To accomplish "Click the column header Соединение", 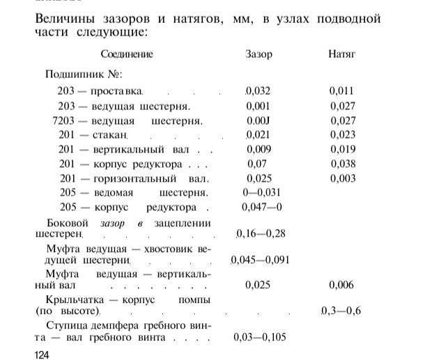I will click(x=127, y=54).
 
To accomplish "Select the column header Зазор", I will click(x=259, y=54).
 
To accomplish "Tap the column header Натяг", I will click(x=342, y=54).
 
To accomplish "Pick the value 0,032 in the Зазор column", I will click(x=258, y=91).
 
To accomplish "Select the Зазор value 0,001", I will click(x=258, y=106).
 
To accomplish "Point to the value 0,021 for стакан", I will click(x=258, y=135).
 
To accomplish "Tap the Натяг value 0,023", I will click(x=343, y=135).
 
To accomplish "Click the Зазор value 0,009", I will click(x=259, y=150).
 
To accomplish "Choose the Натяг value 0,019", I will click(x=343, y=150).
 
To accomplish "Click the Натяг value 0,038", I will click(x=343, y=164).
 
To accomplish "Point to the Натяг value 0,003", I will click(x=343, y=179).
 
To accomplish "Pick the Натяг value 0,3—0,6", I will click(x=341, y=311).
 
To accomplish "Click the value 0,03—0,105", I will click(x=260, y=338).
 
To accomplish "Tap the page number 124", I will click(x=42, y=354).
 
